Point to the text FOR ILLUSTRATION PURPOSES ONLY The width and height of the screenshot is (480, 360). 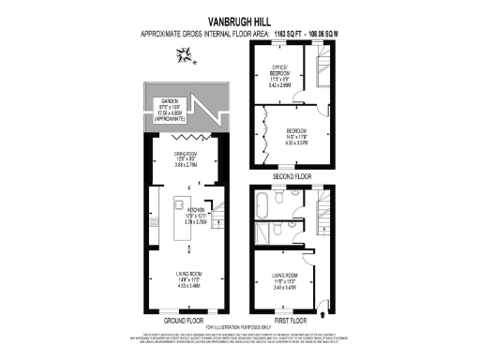pyautogui.click(x=239, y=324)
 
